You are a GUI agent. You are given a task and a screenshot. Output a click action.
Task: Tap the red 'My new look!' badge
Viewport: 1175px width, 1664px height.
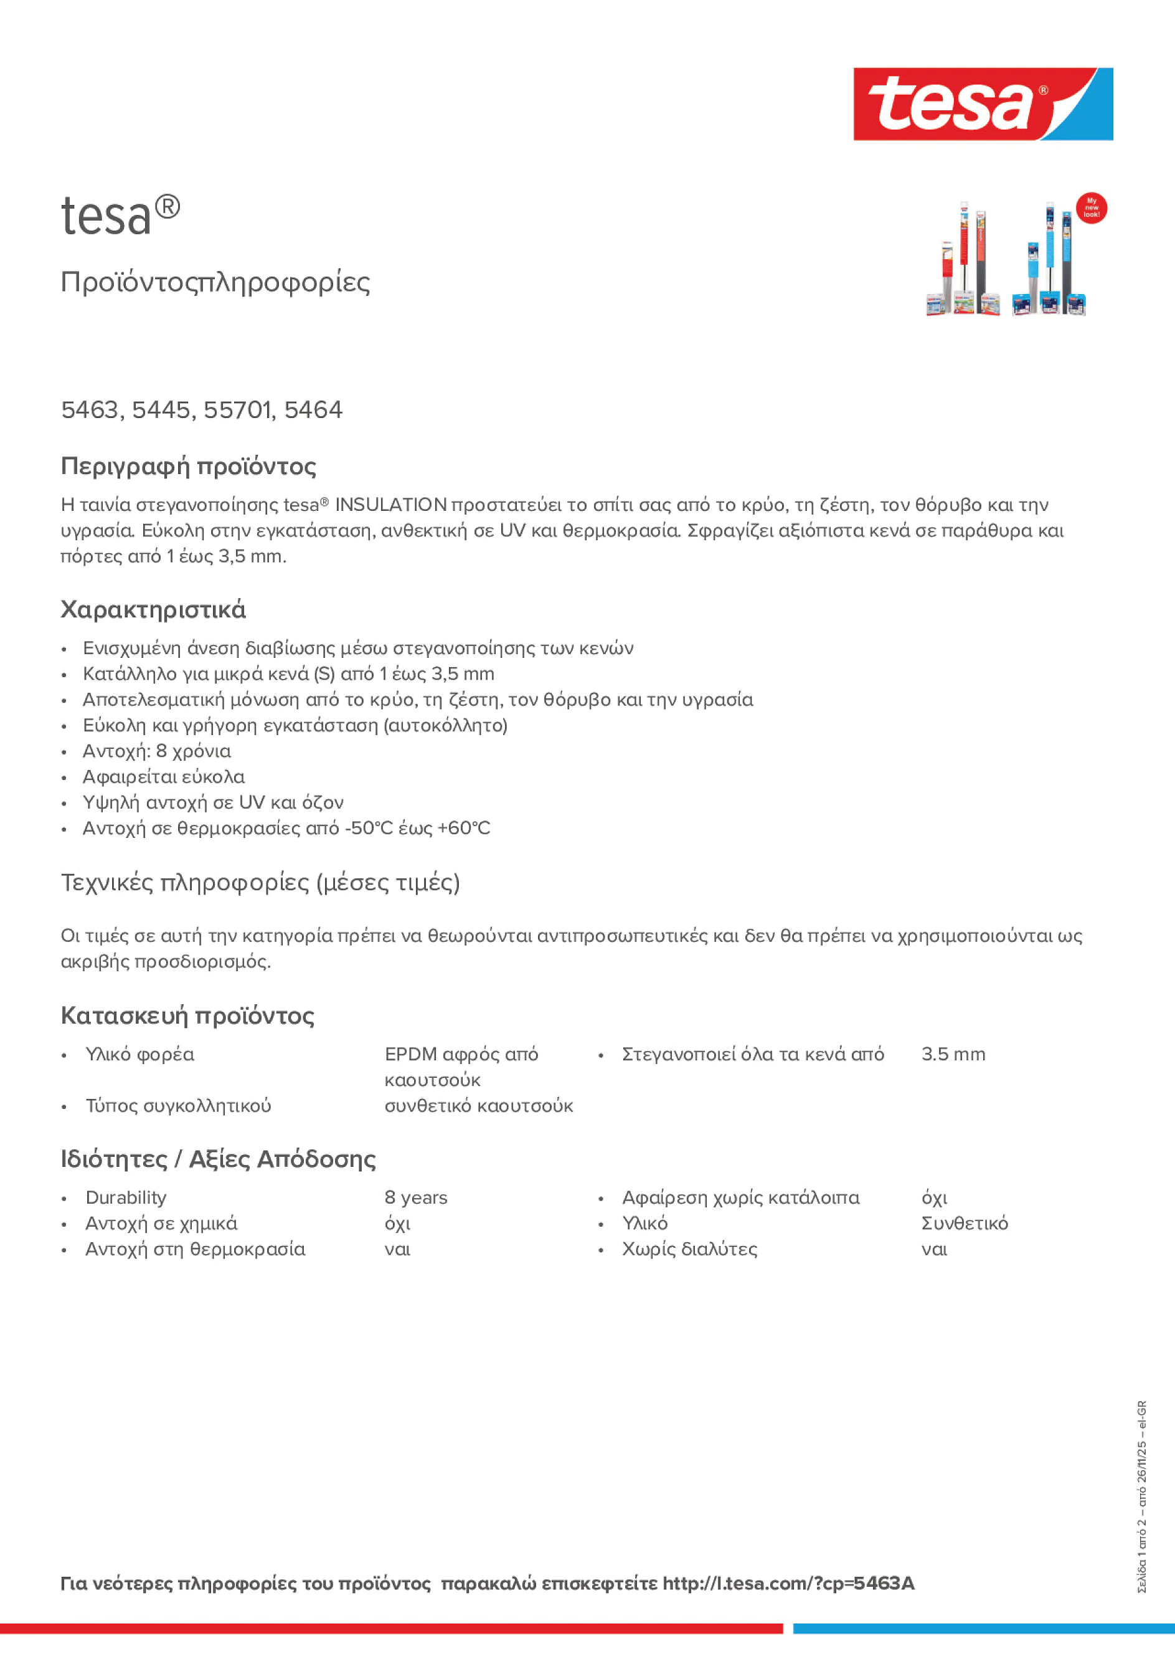point(1091,208)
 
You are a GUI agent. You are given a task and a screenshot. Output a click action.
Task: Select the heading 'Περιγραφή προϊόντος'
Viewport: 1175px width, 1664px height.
point(188,466)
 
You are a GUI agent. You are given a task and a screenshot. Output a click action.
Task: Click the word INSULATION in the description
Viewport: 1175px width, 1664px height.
point(390,505)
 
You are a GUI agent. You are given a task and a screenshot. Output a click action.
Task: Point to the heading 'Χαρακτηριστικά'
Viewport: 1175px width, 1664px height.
point(153,609)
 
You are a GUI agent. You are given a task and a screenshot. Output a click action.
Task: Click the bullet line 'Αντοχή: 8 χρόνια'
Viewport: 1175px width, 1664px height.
point(156,751)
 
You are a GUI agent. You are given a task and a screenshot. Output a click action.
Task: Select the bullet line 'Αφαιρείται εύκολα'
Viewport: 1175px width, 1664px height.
point(163,777)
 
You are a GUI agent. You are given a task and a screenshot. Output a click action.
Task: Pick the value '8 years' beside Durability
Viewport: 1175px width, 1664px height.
point(415,1197)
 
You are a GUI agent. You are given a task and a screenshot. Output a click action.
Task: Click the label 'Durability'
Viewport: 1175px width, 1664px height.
point(125,1197)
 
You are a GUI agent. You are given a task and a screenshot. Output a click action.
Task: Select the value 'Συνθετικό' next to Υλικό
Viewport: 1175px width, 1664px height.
point(963,1224)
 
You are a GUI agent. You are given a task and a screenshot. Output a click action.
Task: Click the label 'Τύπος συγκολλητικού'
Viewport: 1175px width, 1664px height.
point(177,1106)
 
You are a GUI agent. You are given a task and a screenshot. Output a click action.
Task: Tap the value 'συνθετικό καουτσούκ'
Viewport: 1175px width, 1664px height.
point(478,1106)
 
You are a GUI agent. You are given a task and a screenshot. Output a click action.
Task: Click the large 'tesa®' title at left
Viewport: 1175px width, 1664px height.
point(120,216)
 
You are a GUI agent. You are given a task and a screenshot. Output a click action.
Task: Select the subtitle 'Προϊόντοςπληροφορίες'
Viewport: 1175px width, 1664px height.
point(215,282)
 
